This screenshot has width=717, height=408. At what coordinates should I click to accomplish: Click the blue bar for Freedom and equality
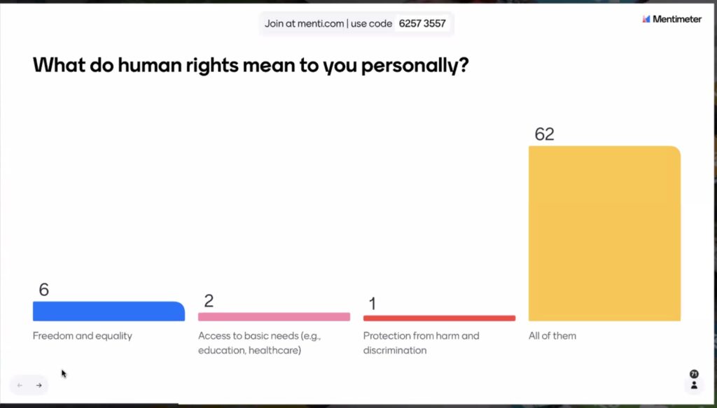(109, 311)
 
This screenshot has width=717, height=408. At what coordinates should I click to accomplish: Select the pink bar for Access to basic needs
(274, 317)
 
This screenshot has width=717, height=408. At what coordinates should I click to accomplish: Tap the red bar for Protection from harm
(439, 318)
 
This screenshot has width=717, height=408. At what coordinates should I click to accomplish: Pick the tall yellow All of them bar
(604, 234)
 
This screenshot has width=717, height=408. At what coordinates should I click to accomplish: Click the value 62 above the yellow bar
(544, 134)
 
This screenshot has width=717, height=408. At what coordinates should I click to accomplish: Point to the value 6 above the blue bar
(44, 290)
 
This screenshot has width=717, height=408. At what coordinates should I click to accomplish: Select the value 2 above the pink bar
(209, 301)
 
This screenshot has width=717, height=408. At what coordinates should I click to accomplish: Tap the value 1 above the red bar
(373, 304)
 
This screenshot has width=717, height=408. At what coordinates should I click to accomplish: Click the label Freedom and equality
(83, 336)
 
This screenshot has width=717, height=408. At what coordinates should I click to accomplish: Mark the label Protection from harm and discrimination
(421, 343)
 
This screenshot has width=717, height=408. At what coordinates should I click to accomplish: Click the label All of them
(552, 336)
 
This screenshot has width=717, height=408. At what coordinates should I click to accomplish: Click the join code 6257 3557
(422, 24)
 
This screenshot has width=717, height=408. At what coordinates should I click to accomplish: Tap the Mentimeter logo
(671, 19)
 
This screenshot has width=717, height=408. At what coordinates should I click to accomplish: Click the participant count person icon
(694, 385)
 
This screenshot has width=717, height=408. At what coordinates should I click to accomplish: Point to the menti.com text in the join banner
(319, 24)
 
